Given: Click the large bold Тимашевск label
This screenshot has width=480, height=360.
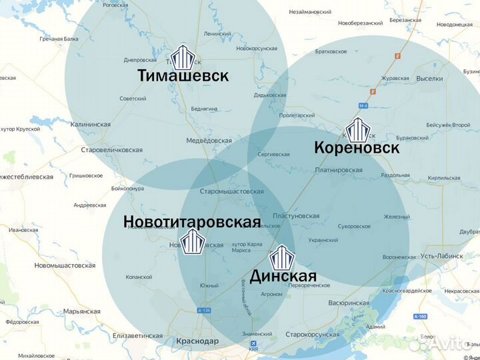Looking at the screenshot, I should tap(183, 75).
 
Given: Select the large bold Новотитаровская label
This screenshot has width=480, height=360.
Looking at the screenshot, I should tap(192, 221).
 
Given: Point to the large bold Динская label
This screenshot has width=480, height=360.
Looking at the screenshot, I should tap(283, 275).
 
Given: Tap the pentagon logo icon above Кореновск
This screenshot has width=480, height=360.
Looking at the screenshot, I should tap(357, 129).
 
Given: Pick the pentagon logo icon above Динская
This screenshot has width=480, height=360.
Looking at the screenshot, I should tap(281, 256).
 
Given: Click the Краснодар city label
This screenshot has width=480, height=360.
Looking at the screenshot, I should tap(197, 341).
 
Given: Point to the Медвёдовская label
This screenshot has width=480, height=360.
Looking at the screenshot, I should tap(209, 141).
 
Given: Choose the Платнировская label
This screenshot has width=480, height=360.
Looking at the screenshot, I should tap(339, 170).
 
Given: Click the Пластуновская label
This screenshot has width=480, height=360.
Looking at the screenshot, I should tap(296, 216).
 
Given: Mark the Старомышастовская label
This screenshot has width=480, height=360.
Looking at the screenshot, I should tap(232, 191).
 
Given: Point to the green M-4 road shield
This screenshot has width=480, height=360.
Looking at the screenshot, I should tap(363, 106).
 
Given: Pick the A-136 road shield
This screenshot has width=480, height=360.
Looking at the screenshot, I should tap(204, 311).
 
